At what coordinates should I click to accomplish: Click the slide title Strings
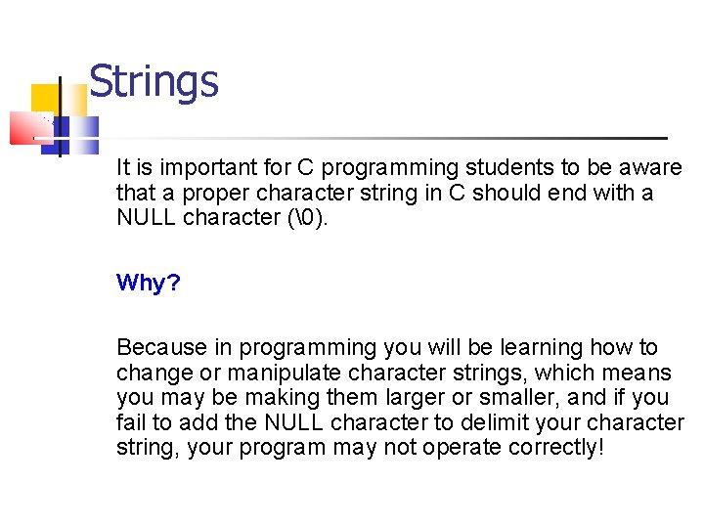[154, 82]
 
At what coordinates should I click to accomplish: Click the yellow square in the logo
[44, 99]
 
